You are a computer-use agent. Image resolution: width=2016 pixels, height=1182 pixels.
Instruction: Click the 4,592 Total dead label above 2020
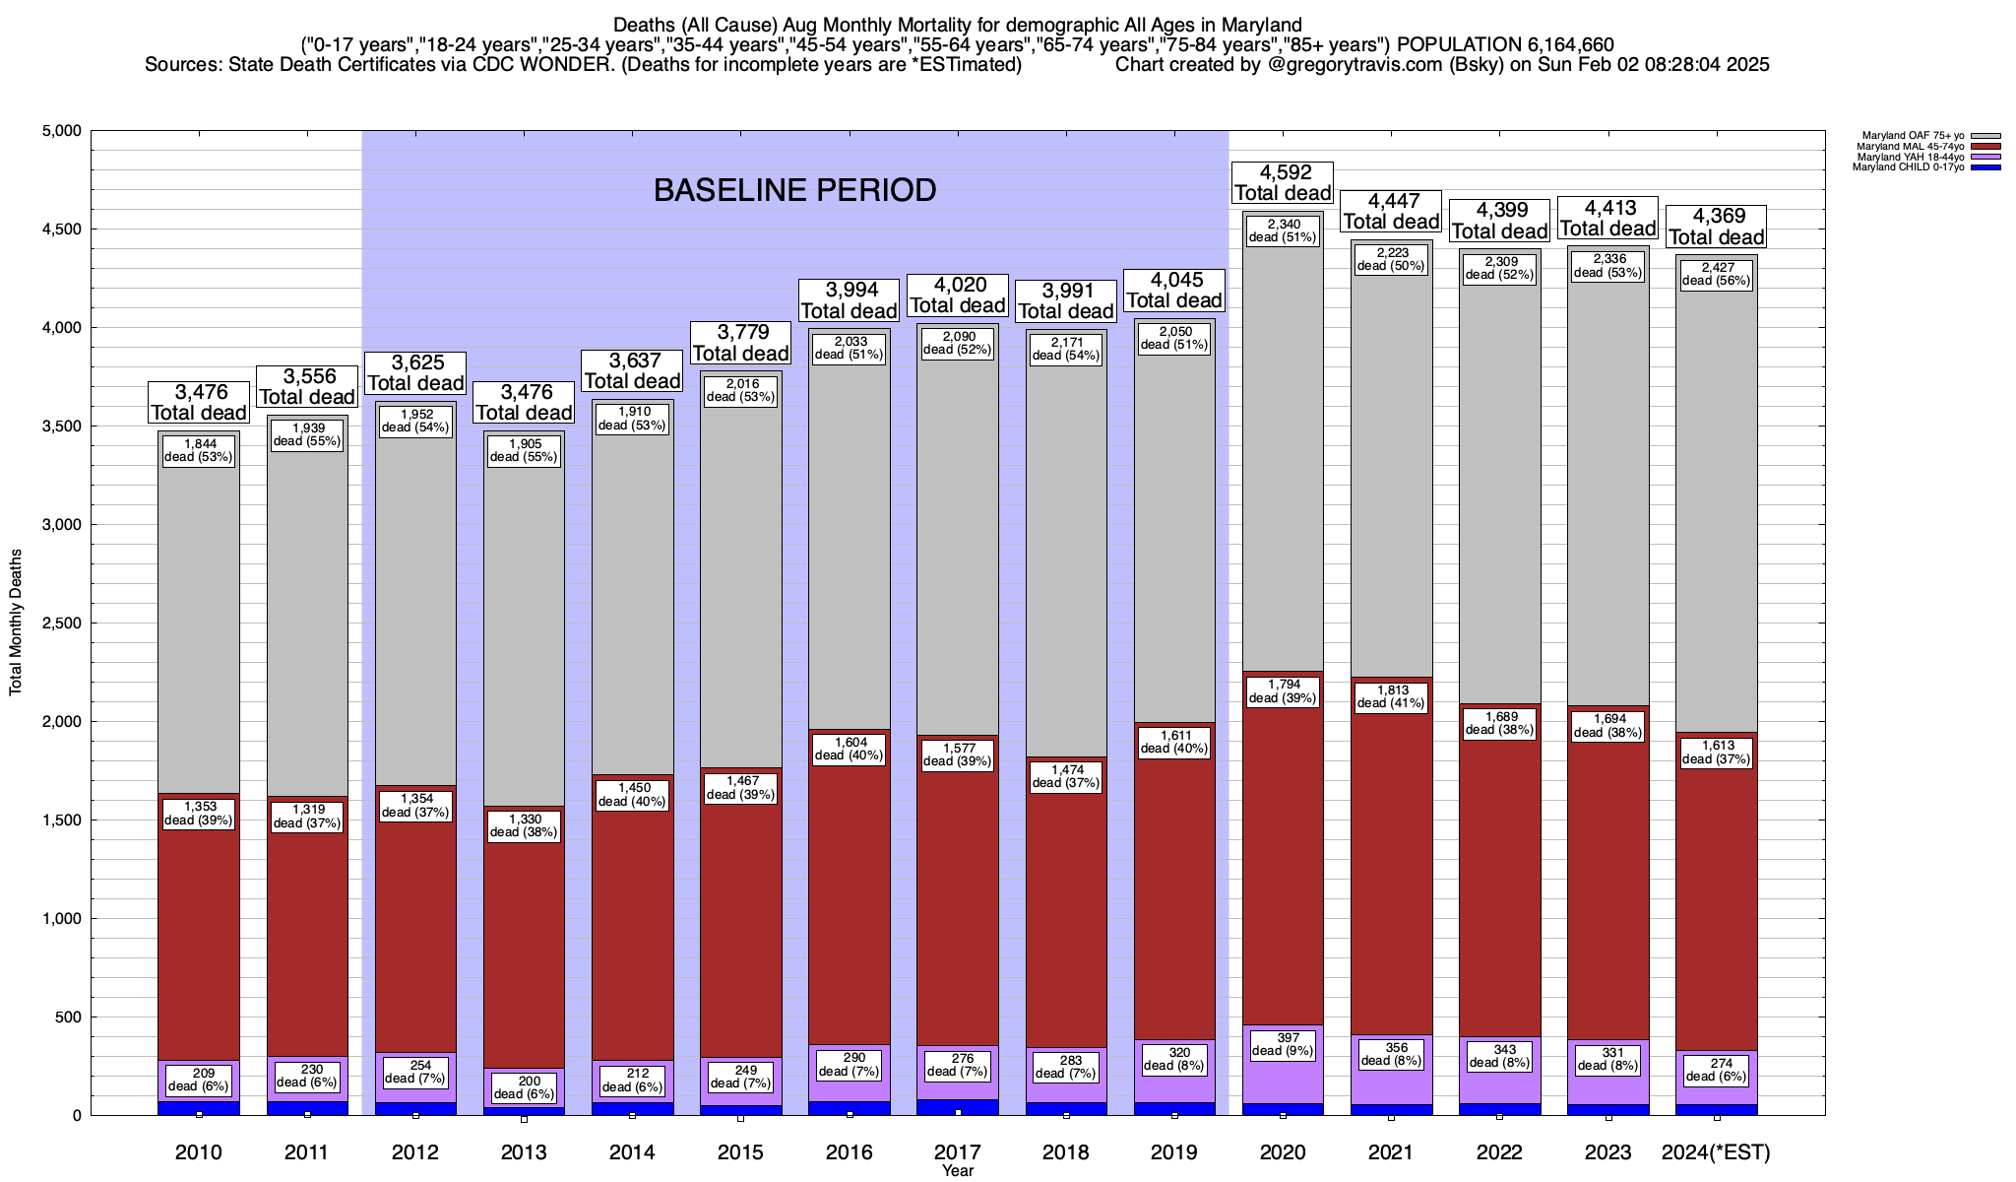coord(1283,183)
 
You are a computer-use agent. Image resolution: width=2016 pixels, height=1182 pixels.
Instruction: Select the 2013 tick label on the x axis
coord(524,1152)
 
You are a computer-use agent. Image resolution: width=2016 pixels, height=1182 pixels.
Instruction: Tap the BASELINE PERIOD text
coord(794,190)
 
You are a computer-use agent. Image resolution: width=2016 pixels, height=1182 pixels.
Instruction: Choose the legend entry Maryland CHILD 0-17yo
coord(1908,167)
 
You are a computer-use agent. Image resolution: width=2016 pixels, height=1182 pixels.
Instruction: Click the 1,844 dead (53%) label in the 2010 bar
coord(199,450)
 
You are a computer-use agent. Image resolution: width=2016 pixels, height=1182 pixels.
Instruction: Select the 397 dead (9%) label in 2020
coord(1283,1044)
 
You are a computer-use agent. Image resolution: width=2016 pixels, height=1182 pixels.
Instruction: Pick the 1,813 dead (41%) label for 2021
coord(1391,697)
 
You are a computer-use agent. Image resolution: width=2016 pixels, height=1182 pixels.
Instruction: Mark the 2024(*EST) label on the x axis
coord(1716,1152)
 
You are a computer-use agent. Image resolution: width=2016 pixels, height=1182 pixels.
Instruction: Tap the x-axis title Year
coord(957,1171)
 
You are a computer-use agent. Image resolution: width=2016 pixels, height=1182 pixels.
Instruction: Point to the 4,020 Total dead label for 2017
coord(958,295)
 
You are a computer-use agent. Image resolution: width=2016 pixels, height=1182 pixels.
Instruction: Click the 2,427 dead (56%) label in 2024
coord(1716,274)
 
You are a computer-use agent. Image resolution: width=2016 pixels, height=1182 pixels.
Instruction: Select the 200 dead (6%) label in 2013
coord(524,1087)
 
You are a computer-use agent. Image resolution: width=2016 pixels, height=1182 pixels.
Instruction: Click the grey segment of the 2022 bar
coord(1499,492)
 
